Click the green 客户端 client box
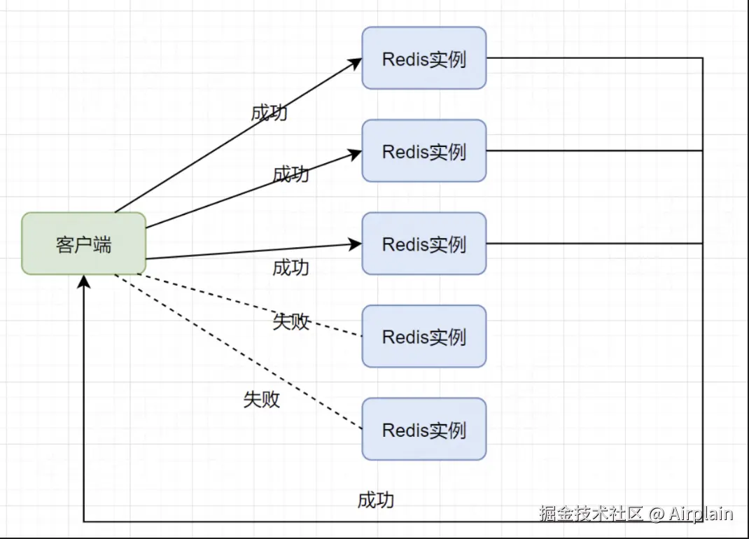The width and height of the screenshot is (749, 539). pos(83,244)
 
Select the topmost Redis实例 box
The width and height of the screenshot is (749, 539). pos(423,58)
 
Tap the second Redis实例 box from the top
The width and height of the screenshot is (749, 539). pos(423,150)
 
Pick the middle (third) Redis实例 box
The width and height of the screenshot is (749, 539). pos(423,244)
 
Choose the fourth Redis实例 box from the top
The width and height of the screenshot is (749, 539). pos(423,336)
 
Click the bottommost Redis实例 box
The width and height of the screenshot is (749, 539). pos(423,429)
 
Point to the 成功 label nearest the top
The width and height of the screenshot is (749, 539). pos(269,113)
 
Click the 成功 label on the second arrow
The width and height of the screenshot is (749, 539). pos(290,174)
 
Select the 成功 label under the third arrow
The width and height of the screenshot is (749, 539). pos(290,267)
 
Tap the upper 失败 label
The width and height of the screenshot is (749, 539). pos(290,321)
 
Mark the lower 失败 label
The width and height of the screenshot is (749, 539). pos(261,399)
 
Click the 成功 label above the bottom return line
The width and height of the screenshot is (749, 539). pos(376,500)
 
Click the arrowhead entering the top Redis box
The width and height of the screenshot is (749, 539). pos(356,62)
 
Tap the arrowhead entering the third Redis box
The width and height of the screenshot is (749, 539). pos(356,244)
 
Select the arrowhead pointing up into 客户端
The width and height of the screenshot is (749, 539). pos(84,281)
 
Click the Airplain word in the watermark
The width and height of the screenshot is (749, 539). pos(700,514)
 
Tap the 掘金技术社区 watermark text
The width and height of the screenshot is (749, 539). pos(591,514)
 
